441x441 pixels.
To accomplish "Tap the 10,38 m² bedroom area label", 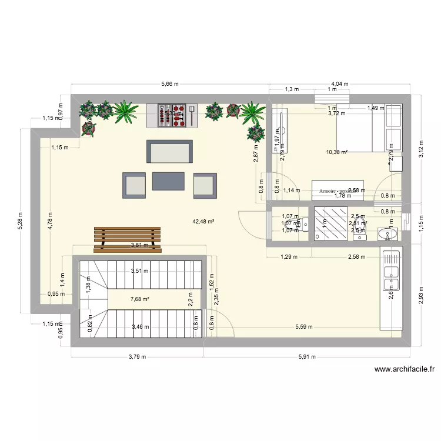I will [x=336, y=152].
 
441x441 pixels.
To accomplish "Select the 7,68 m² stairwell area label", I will [x=139, y=299].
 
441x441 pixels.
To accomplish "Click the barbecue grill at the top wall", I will [x=172, y=115].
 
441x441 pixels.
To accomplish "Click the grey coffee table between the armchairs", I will [x=169, y=181].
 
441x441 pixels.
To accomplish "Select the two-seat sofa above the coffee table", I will [x=170, y=152].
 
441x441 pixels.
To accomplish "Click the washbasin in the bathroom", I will [x=386, y=235].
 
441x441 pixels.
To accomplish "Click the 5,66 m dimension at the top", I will [x=171, y=84].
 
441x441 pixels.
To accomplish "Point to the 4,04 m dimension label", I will [x=339, y=84].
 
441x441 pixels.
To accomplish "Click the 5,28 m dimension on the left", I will [x=19, y=222].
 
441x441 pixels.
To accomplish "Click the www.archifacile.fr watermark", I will [x=405, y=369].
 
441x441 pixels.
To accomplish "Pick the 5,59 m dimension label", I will [x=303, y=327].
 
